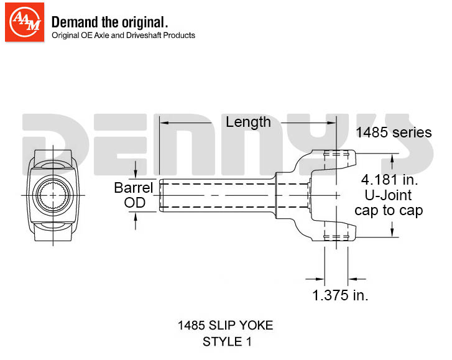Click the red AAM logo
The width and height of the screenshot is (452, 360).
[x=24, y=22]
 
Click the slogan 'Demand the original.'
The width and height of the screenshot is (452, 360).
[x=109, y=22]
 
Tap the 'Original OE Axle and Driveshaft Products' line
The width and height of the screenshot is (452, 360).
[x=123, y=35]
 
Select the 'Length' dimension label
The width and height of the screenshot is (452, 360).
[x=248, y=122]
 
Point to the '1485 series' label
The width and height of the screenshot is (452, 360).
[x=394, y=132]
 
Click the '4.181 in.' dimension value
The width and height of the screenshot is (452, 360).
[x=389, y=180]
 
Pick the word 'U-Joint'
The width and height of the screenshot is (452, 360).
[x=388, y=195]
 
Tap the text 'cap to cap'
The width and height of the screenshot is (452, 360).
[x=389, y=210]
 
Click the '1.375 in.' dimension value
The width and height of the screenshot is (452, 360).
[x=340, y=295]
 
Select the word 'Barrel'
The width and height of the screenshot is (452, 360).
[x=134, y=188]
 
